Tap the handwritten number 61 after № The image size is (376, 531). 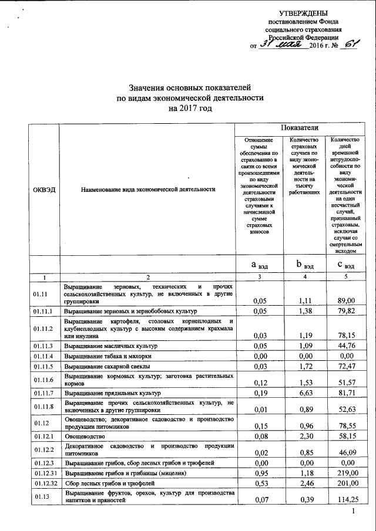[x=350, y=44]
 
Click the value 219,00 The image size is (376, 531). [x=343, y=473]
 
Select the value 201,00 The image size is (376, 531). [x=343, y=483]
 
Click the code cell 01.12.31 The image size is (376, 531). [x=45, y=473]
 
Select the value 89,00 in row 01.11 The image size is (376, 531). [x=344, y=301]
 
